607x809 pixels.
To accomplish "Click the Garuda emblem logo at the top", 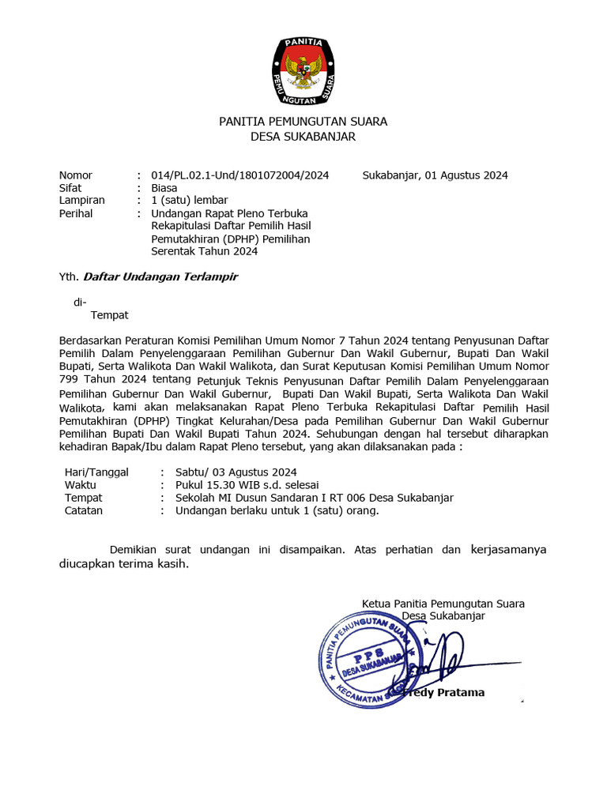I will [303, 71].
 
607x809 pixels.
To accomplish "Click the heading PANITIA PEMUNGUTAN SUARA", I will [303, 122].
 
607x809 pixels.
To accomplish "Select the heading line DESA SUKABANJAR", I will [303, 137].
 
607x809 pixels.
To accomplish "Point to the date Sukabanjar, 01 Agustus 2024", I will [435, 175].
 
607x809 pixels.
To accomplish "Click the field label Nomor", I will [76, 175].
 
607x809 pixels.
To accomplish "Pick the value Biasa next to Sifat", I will [164, 188].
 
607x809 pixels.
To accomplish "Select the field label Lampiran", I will [81, 201].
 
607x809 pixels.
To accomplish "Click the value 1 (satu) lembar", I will [189, 201].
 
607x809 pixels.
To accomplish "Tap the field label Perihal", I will [76, 213].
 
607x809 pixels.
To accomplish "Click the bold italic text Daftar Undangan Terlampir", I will [160, 277].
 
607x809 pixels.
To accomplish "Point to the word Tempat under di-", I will [110, 315].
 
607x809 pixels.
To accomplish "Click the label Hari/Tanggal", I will [96, 472].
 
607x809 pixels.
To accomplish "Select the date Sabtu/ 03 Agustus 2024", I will [236, 472].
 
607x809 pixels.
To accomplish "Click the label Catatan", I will [84, 510].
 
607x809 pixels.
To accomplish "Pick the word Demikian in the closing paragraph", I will [135, 550].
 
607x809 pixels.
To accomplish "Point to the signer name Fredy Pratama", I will [444, 693].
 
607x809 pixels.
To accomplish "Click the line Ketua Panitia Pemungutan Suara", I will [443, 604].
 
